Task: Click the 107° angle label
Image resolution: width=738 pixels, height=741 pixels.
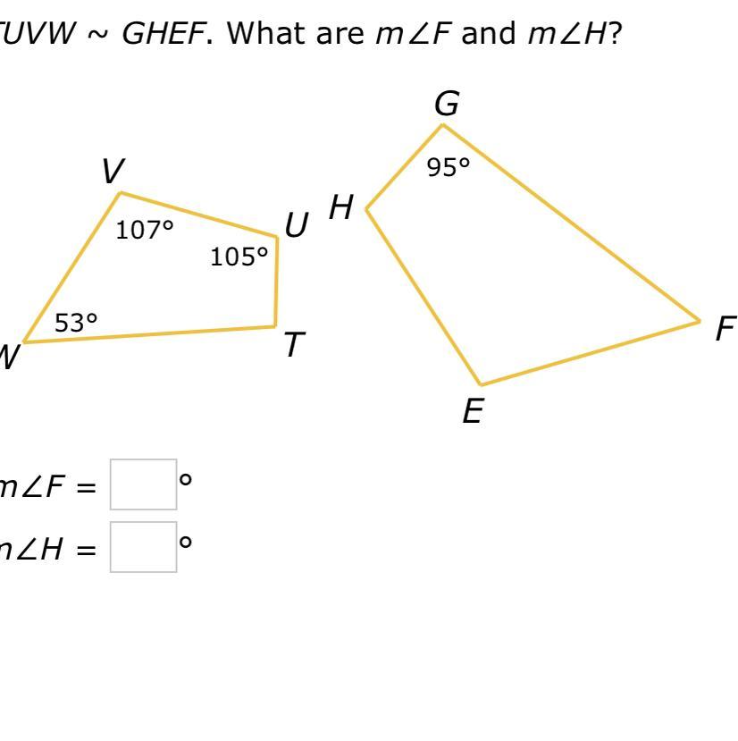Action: click(x=144, y=231)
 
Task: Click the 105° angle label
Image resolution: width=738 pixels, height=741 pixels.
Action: click(x=239, y=257)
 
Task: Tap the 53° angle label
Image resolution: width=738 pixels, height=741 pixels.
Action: click(x=76, y=323)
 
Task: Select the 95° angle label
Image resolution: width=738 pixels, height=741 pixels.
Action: click(x=448, y=167)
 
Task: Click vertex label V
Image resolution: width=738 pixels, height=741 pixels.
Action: click(x=113, y=171)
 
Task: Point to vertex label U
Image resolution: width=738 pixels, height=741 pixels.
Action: click(x=297, y=226)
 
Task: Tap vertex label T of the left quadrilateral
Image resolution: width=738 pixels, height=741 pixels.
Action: click(x=295, y=345)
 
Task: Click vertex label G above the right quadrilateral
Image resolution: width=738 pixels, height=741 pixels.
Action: click(x=447, y=105)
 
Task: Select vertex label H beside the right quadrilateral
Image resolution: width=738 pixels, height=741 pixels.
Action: click(x=341, y=208)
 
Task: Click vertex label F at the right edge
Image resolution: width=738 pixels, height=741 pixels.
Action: click(x=725, y=330)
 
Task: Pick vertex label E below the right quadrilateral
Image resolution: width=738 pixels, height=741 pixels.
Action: click(x=473, y=412)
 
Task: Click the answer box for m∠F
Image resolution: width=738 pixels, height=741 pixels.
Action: click(x=143, y=484)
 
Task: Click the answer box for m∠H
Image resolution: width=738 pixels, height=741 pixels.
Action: click(x=143, y=547)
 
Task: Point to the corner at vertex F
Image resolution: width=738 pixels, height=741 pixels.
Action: click(x=700, y=321)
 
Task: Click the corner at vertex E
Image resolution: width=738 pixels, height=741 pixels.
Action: click(x=481, y=385)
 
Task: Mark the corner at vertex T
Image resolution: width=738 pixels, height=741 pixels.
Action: click(x=275, y=326)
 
